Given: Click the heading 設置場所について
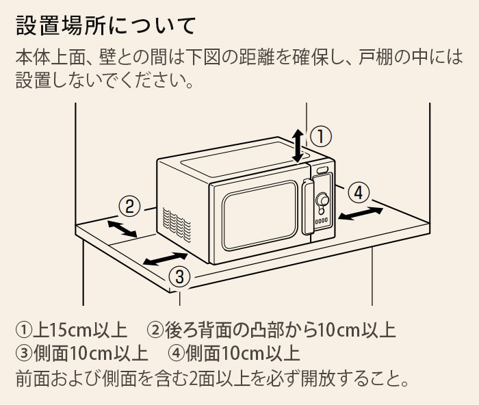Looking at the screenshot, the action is coord(105,26).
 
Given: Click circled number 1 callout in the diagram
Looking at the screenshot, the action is coord(321,137).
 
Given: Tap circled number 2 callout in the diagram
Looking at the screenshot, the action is coord(129,207).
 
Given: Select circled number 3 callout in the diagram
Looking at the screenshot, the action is coord(179,277).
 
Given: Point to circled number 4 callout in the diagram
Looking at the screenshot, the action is coord(359,193).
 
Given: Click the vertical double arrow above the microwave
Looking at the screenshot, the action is coord(298,146).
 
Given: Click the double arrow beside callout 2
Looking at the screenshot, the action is coord(122,229).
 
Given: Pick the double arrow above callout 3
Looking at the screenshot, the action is coord(166,259).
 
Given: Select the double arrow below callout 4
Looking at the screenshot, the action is coord(361,213).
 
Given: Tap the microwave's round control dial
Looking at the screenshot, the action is coord(322,200).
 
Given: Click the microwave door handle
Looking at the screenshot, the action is coord(308,207).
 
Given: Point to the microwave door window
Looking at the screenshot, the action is coord(259,215).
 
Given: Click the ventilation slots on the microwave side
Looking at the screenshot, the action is coord(177,225).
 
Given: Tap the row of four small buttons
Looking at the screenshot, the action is coord(322,220).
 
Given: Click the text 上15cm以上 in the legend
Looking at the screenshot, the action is coord(80,330).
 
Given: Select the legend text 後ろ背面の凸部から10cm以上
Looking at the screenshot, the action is coord(280,330).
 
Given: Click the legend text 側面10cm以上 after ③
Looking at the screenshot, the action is coord(90,354).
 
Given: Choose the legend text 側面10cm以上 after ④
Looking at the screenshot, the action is coord(242,354).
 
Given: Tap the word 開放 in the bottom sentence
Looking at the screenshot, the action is coord(318,379).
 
